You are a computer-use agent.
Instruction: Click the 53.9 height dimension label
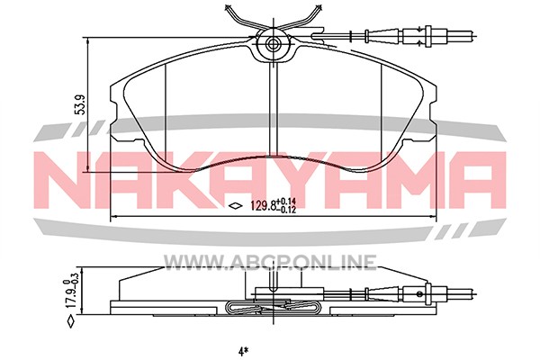[x=81, y=105]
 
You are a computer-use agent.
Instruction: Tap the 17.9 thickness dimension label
[x=70, y=297]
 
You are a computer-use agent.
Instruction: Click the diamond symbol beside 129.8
[x=236, y=206]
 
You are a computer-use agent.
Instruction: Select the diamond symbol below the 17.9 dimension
[x=70, y=320]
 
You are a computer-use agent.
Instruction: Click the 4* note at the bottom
[x=243, y=351]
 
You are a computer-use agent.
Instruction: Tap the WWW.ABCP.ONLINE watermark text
[x=270, y=262]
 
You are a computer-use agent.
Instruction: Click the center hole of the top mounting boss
[x=274, y=44]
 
